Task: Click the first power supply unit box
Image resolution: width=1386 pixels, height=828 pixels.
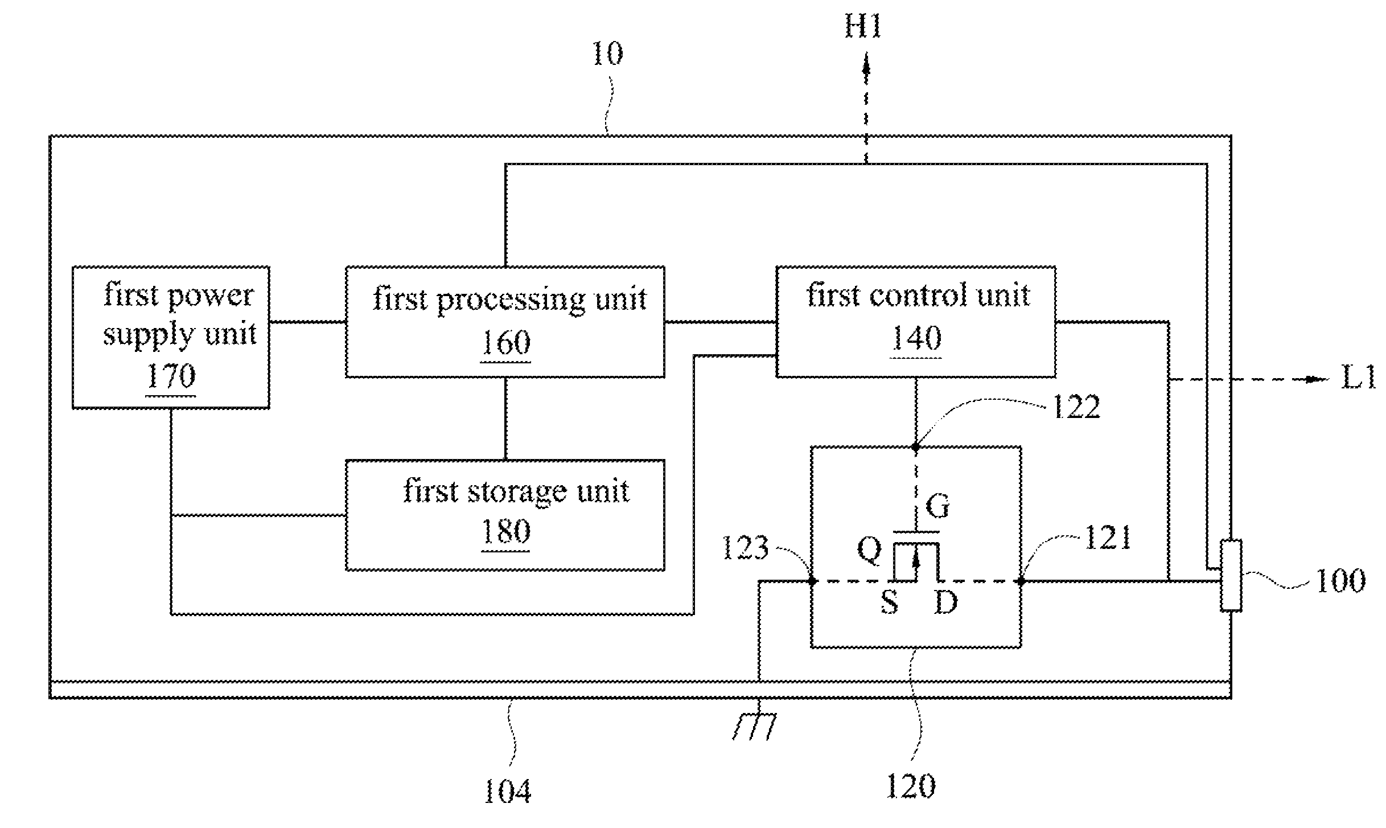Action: (171, 337)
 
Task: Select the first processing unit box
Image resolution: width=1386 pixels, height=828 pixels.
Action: (505, 321)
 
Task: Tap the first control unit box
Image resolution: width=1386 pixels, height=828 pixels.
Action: (915, 321)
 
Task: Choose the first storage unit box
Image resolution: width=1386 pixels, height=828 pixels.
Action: (505, 515)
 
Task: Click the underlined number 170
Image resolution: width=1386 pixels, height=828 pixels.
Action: (171, 376)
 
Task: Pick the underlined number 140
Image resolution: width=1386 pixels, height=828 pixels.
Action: (916, 339)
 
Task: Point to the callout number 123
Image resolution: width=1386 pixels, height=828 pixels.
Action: (745, 548)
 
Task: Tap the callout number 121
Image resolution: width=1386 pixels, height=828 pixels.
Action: (1108, 538)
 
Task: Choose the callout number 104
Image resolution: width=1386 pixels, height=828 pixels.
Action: (507, 792)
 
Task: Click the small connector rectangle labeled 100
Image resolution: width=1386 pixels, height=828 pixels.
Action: (1231, 575)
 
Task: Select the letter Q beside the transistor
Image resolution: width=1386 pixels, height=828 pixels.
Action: (869, 551)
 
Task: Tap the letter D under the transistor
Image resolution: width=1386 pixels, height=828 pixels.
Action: (945, 602)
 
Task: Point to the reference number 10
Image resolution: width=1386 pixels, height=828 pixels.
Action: (608, 54)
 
